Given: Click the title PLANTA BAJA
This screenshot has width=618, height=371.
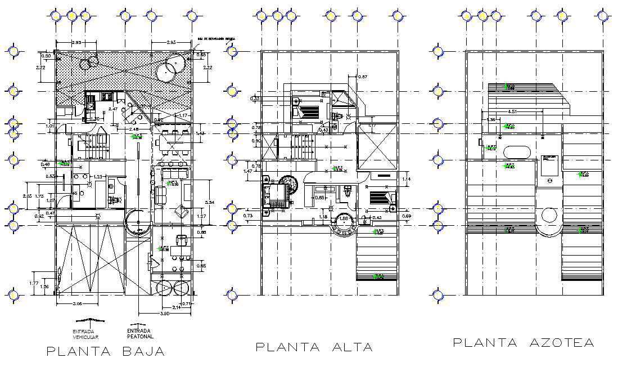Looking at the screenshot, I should click(x=106, y=352).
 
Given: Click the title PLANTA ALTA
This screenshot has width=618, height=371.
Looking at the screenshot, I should click(x=314, y=347).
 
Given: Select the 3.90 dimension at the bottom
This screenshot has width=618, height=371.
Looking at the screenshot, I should click(x=165, y=313).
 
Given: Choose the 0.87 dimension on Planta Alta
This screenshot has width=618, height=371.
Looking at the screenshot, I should click(x=362, y=77).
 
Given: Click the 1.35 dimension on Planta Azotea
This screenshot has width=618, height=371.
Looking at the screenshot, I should click(x=491, y=119).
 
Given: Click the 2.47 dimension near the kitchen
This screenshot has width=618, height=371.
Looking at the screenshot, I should click(x=113, y=108).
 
